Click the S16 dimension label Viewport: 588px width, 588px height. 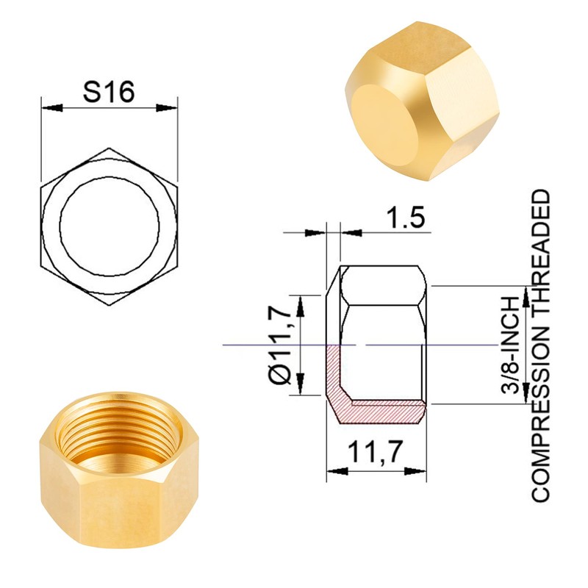pos(108,93)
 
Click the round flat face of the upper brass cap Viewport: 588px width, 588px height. pos(387,118)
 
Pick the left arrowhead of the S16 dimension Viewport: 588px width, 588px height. pos(47,108)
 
